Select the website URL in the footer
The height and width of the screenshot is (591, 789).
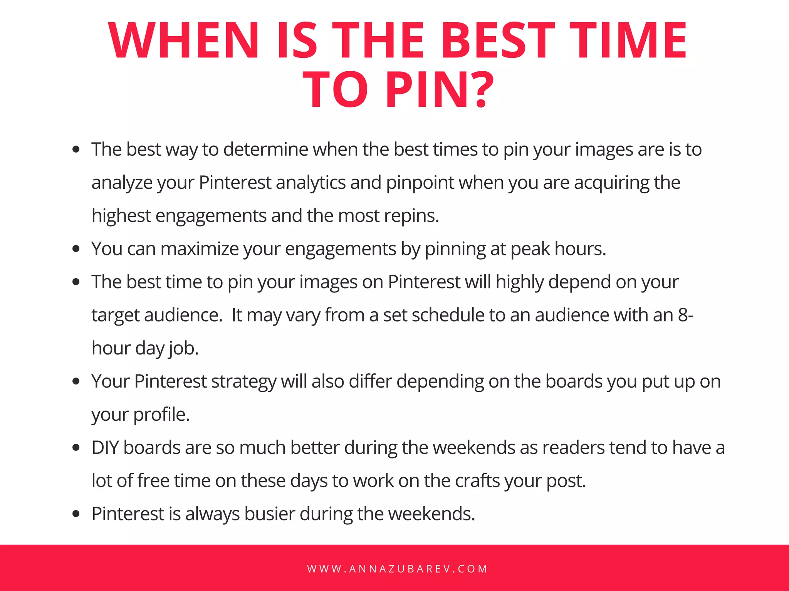397,569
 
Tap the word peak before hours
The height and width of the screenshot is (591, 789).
530,249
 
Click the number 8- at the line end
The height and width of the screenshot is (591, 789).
686,315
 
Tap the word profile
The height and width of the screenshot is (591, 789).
161,415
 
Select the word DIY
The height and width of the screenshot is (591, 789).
105,448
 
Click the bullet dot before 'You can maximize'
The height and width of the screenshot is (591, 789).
76,249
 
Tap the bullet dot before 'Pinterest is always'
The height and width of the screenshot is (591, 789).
76,514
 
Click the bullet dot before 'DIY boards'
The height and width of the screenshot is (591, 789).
76,448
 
